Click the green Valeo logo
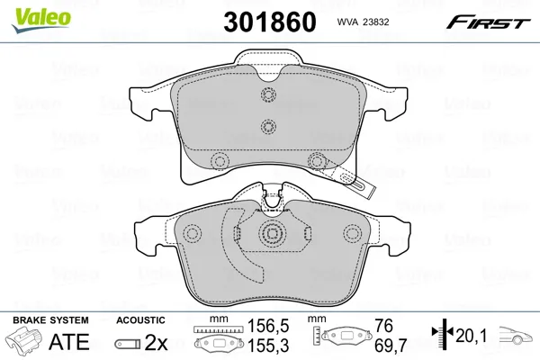point(40,21)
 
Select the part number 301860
point(270,22)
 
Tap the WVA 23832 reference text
point(363,22)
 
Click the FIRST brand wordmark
point(489,22)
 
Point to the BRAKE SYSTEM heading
point(50,320)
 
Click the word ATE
point(69,341)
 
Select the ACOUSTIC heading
point(140,320)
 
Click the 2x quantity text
point(156,342)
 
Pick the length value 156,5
point(268,326)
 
